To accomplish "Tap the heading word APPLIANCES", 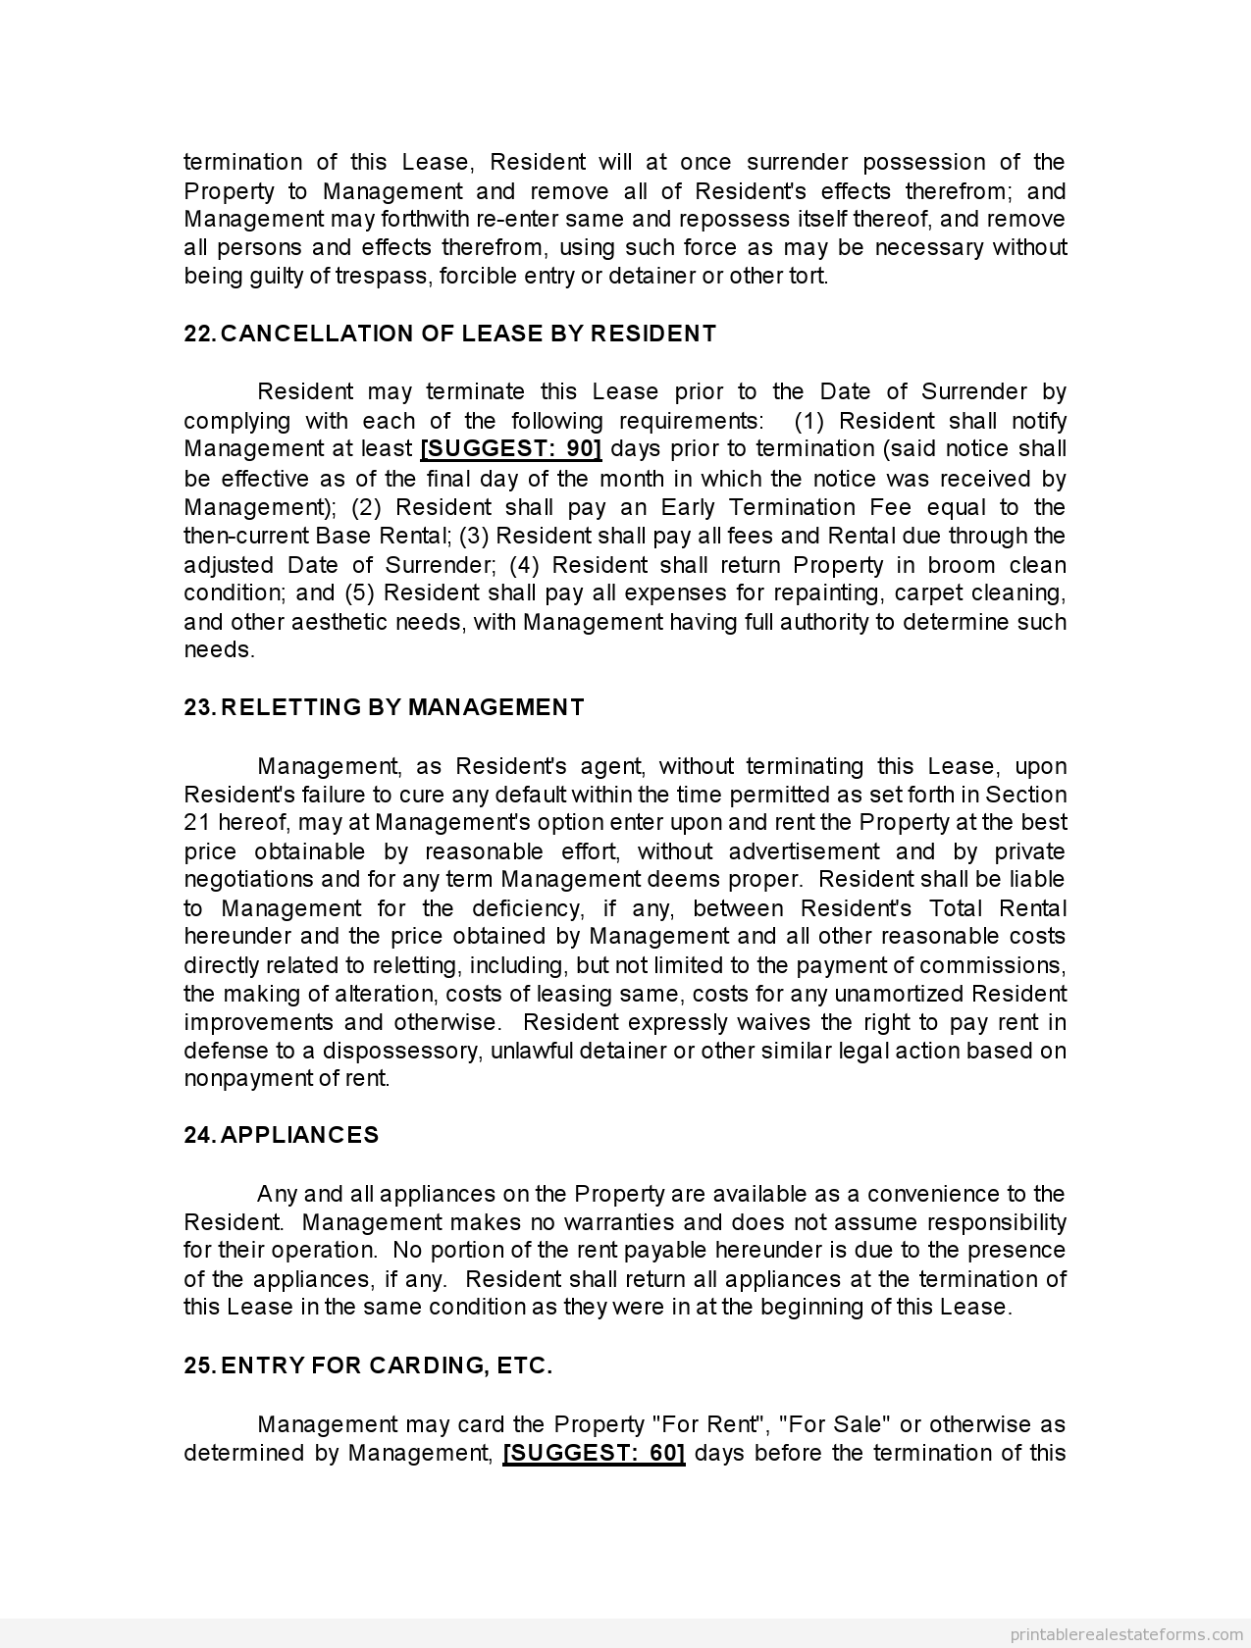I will click(299, 1135).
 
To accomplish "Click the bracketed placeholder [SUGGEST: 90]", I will click(511, 449).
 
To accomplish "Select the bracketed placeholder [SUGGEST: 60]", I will click(594, 1453).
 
